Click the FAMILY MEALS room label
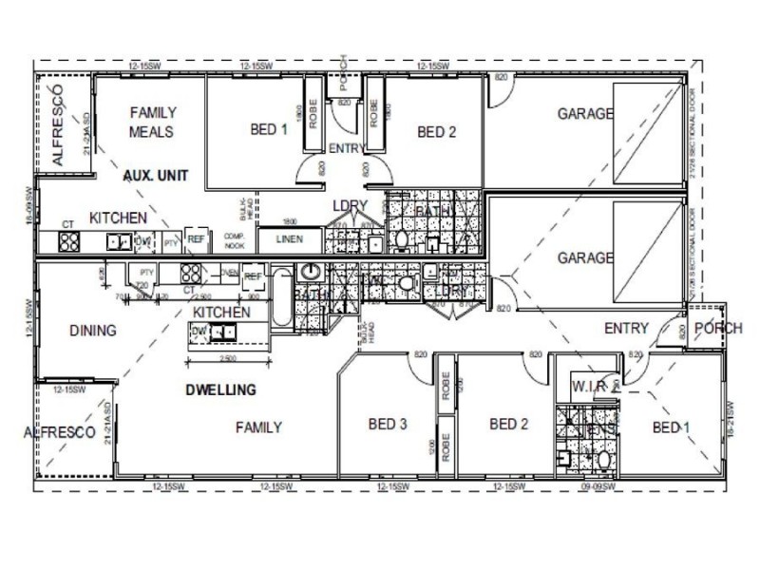[x=152, y=122]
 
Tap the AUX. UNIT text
[x=156, y=176]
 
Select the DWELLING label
[x=220, y=389]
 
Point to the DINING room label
[x=93, y=331]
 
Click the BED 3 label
[x=388, y=424]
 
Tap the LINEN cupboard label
[x=289, y=239]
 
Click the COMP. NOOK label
[x=235, y=239]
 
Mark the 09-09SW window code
[x=598, y=486]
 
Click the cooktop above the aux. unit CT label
[x=69, y=241]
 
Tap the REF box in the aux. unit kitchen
[x=197, y=240]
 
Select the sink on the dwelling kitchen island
[x=222, y=332]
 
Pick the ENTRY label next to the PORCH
[x=627, y=329]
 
